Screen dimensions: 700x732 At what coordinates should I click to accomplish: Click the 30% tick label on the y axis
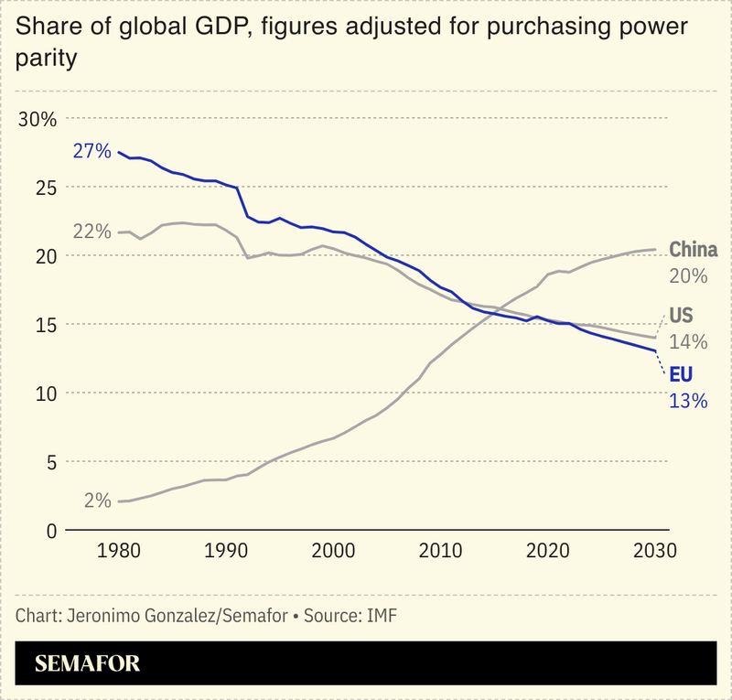click(x=38, y=119)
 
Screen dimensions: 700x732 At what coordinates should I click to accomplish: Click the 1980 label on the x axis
click(x=119, y=551)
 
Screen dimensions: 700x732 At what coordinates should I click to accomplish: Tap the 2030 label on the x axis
click(x=651, y=551)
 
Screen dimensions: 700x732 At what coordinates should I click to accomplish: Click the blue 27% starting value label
click(x=91, y=151)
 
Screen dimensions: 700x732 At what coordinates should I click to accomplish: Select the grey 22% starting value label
click(x=91, y=231)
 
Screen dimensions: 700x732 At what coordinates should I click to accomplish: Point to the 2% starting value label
click(x=97, y=501)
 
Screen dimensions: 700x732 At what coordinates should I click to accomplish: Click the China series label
click(x=693, y=250)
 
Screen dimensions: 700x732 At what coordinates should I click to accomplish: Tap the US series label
click(x=682, y=317)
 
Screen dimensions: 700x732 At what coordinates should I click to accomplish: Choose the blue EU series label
click(x=682, y=375)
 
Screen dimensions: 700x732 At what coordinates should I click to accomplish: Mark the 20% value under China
click(x=688, y=275)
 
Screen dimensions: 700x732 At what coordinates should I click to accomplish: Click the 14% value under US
click(x=688, y=342)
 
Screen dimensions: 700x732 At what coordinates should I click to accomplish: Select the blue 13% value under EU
click(x=688, y=401)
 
